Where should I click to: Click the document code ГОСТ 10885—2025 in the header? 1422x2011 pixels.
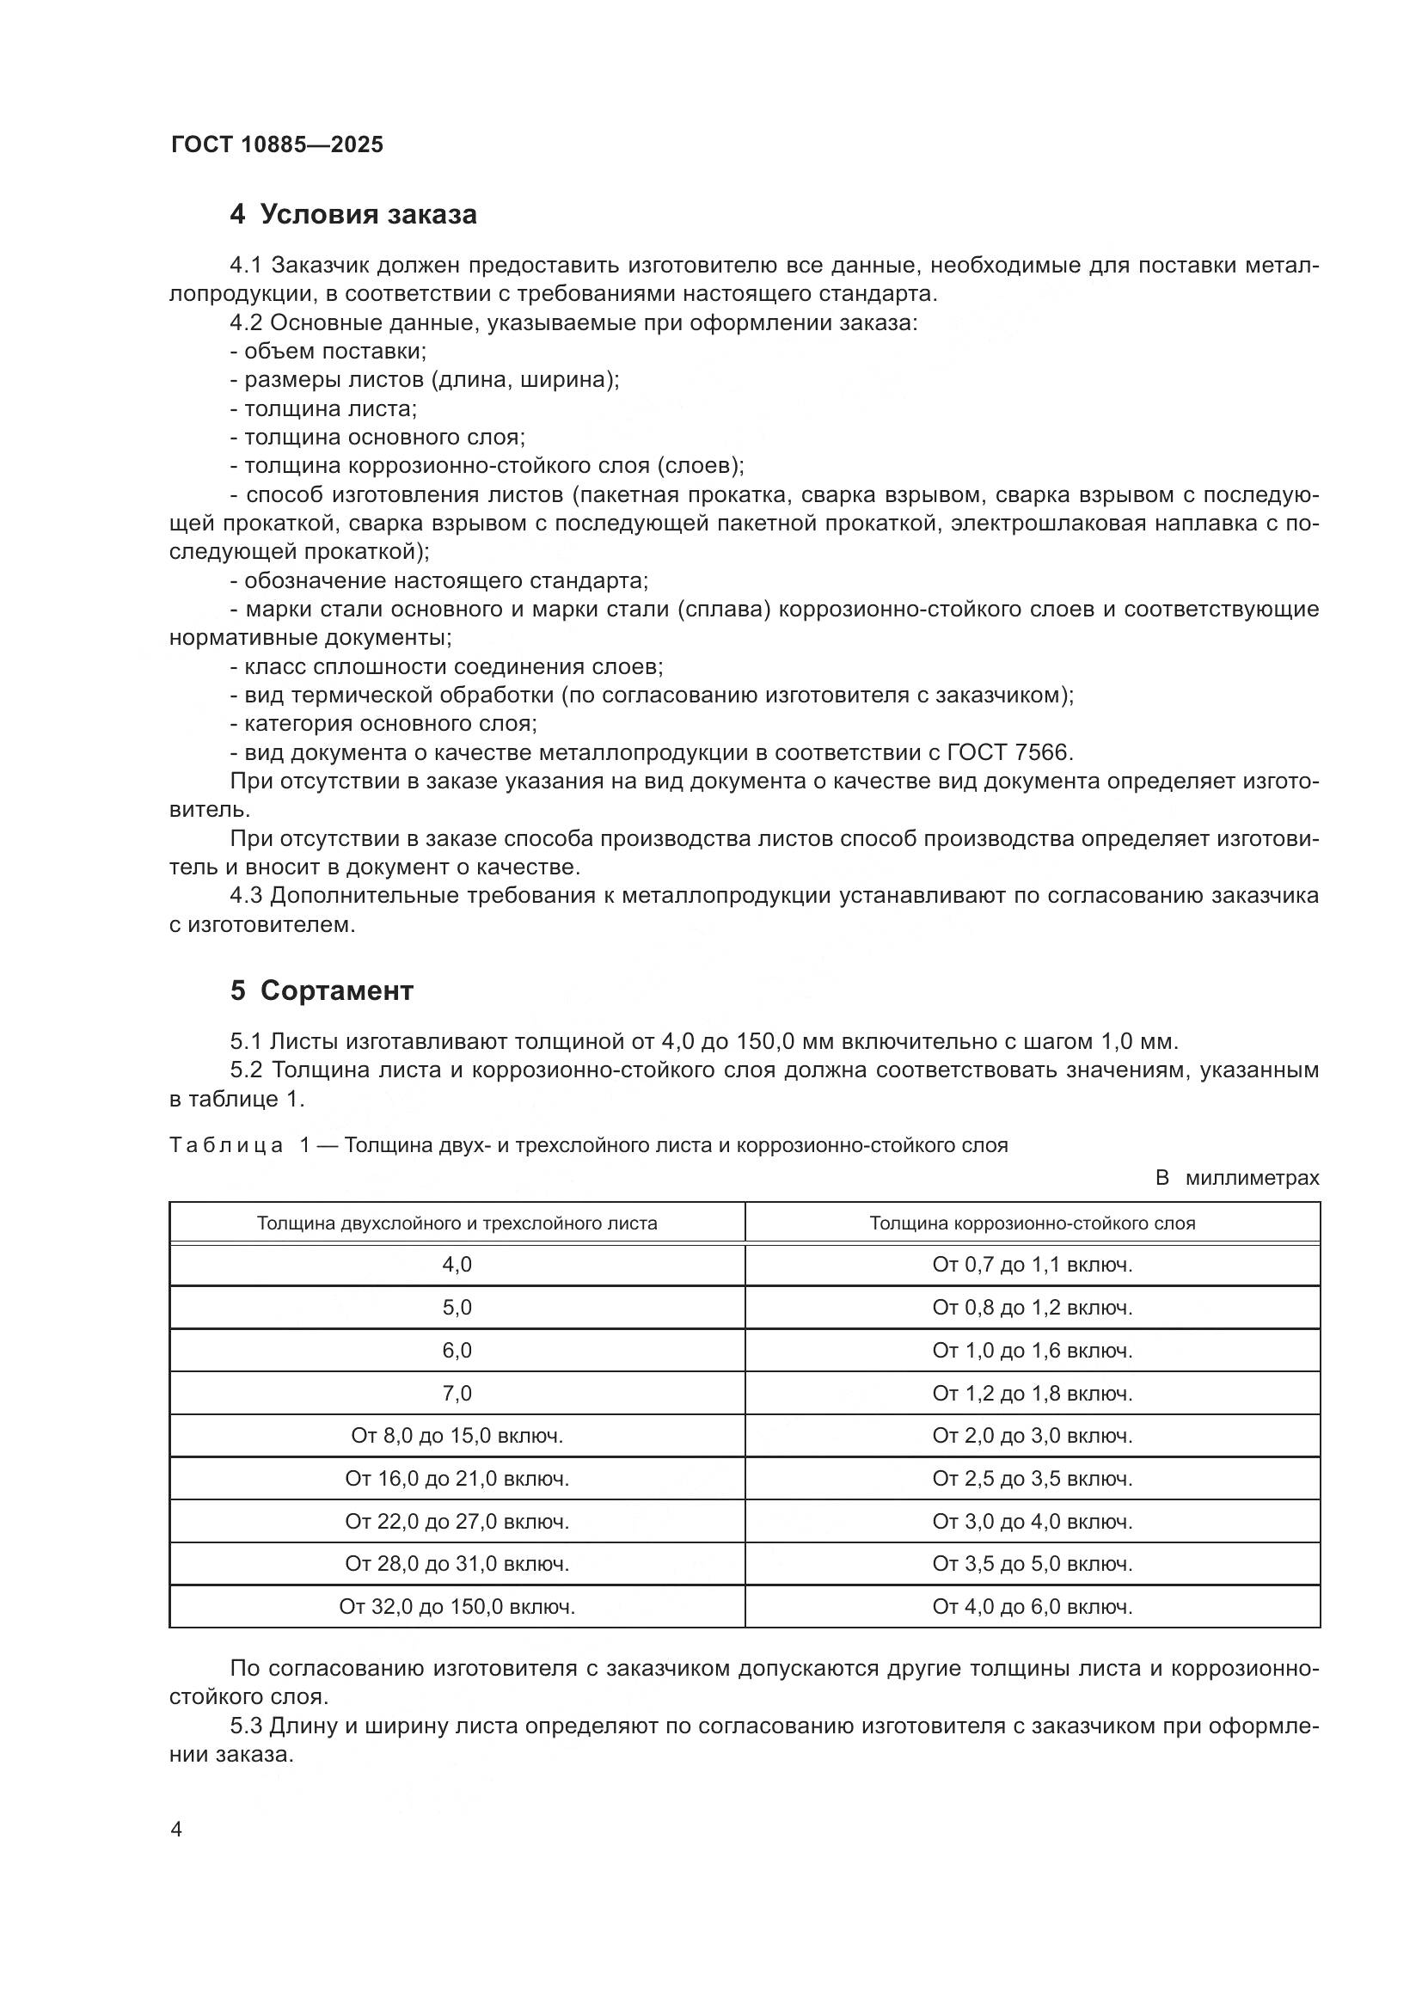point(277,144)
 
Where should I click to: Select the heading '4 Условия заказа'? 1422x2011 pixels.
point(352,215)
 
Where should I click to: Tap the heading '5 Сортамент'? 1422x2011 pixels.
point(322,990)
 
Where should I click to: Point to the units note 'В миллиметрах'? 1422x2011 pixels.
point(1236,1178)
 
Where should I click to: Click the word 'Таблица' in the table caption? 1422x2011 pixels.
point(226,1145)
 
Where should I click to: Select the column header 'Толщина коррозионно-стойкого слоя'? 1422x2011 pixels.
point(1033,1223)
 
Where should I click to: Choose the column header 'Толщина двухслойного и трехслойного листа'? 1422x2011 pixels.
point(457,1223)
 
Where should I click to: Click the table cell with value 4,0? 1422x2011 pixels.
point(457,1265)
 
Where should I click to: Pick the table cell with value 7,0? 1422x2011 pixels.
point(457,1394)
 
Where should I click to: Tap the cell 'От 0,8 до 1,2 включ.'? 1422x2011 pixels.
point(1033,1308)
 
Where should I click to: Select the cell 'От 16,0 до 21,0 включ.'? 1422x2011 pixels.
point(457,1480)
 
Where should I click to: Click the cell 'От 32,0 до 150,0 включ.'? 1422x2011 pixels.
point(457,1607)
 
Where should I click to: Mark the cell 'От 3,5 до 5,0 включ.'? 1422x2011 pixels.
point(1033,1564)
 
